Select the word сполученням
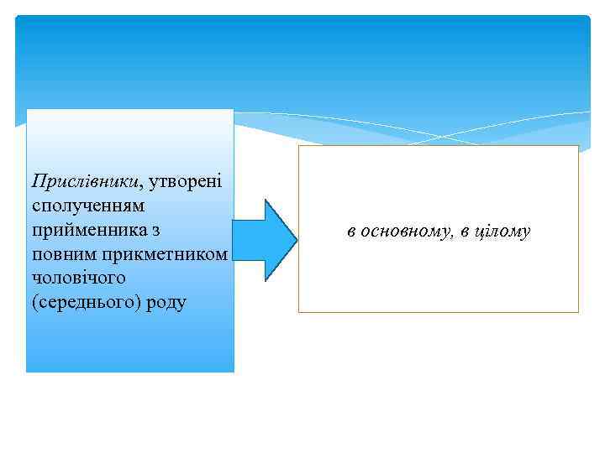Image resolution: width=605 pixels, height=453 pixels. coord(87,205)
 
